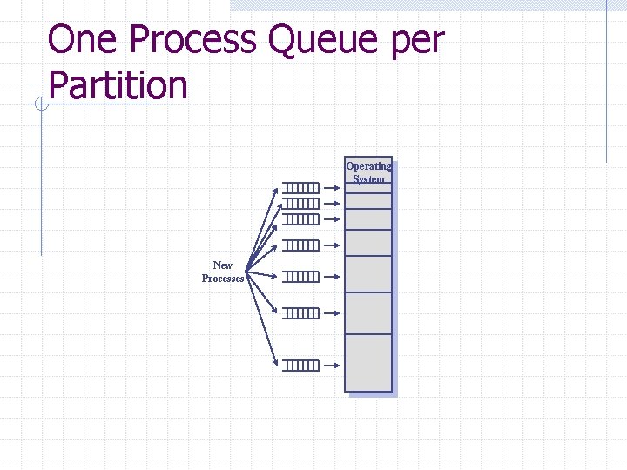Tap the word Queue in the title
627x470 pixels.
pyautogui.click(x=335, y=41)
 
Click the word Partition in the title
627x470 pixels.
pyautogui.click(x=118, y=85)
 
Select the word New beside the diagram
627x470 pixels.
pyautogui.click(x=223, y=265)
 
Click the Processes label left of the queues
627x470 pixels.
pyautogui.click(x=223, y=279)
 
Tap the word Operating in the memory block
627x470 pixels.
pyautogui.click(x=368, y=166)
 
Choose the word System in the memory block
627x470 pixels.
pyautogui.click(x=368, y=179)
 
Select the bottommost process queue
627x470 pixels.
pyautogui.click(x=301, y=365)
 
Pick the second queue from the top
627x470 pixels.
pyautogui.click(x=301, y=203)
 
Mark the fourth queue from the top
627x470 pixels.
pyautogui.click(x=301, y=244)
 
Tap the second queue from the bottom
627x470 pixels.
pyautogui.click(x=301, y=312)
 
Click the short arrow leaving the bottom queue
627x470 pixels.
pyautogui.click(x=333, y=365)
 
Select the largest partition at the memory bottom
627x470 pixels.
pyautogui.click(x=368, y=362)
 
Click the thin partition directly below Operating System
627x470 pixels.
pyautogui.click(x=368, y=200)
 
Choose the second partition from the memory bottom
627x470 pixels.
pyautogui.click(x=368, y=313)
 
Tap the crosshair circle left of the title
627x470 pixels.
pyautogui.click(x=39, y=105)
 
